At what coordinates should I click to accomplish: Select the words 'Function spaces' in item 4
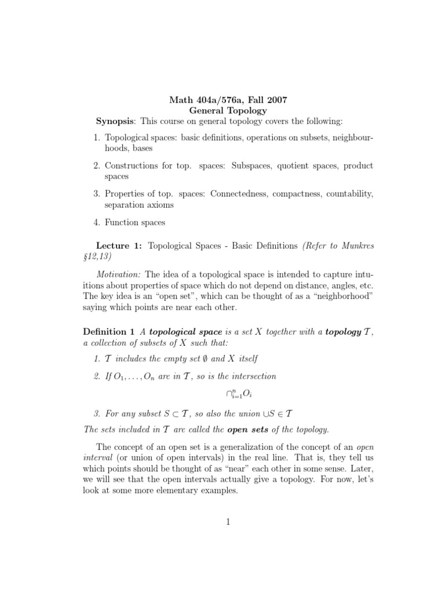134,222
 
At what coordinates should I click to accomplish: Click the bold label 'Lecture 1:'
119,246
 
